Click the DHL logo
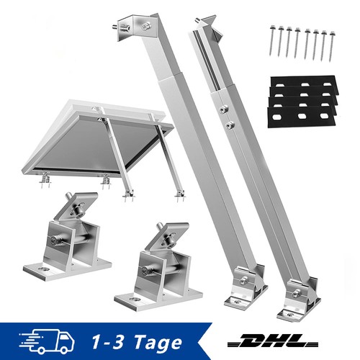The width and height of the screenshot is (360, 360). pyautogui.click(x=273, y=341)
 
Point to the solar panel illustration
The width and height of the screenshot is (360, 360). pyautogui.click(x=99, y=142)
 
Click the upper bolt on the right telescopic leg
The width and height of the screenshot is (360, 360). pyautogui.click(x=225, y=109)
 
